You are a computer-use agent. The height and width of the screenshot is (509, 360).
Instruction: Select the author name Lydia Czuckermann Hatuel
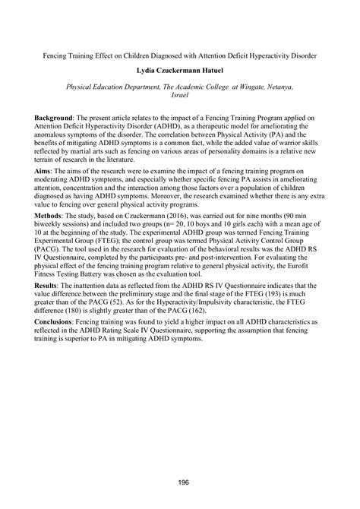179,72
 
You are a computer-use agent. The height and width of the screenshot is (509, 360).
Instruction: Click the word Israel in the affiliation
180,97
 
